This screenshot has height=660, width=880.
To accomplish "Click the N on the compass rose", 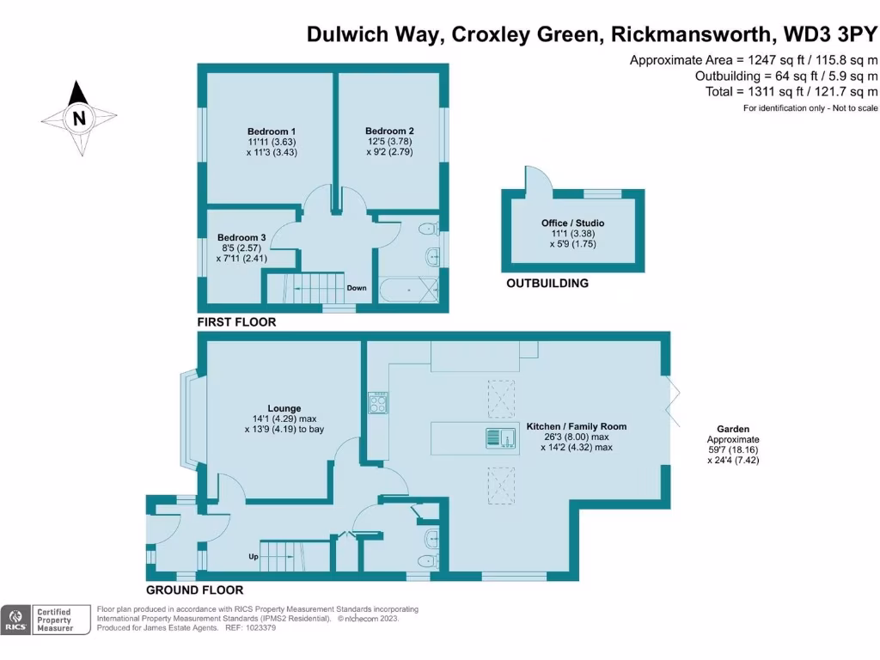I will [x=79, y=119].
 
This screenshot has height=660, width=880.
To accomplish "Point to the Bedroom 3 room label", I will [x=241, y=237].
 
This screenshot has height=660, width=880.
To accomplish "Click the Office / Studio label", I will [x=572, y=223].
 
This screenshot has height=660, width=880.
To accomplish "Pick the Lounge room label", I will [x=284, y=408].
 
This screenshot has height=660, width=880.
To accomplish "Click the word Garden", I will [x=734, y=429].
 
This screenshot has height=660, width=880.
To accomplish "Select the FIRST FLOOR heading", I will [x=237, y=322].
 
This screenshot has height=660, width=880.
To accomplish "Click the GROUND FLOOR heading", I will [x=194, y=590].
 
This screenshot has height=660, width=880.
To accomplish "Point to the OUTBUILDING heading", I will [x=547, y=283].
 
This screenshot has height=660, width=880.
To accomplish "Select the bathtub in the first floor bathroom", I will [x=409, y=290].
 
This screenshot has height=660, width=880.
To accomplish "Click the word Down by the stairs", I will [x=357, y=288].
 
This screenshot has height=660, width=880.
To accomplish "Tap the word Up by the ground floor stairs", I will [x=254, y=556].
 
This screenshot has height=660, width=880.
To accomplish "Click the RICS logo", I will [x=15, y=620].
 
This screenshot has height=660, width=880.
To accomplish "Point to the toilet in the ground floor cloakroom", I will [x=431, y=539].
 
